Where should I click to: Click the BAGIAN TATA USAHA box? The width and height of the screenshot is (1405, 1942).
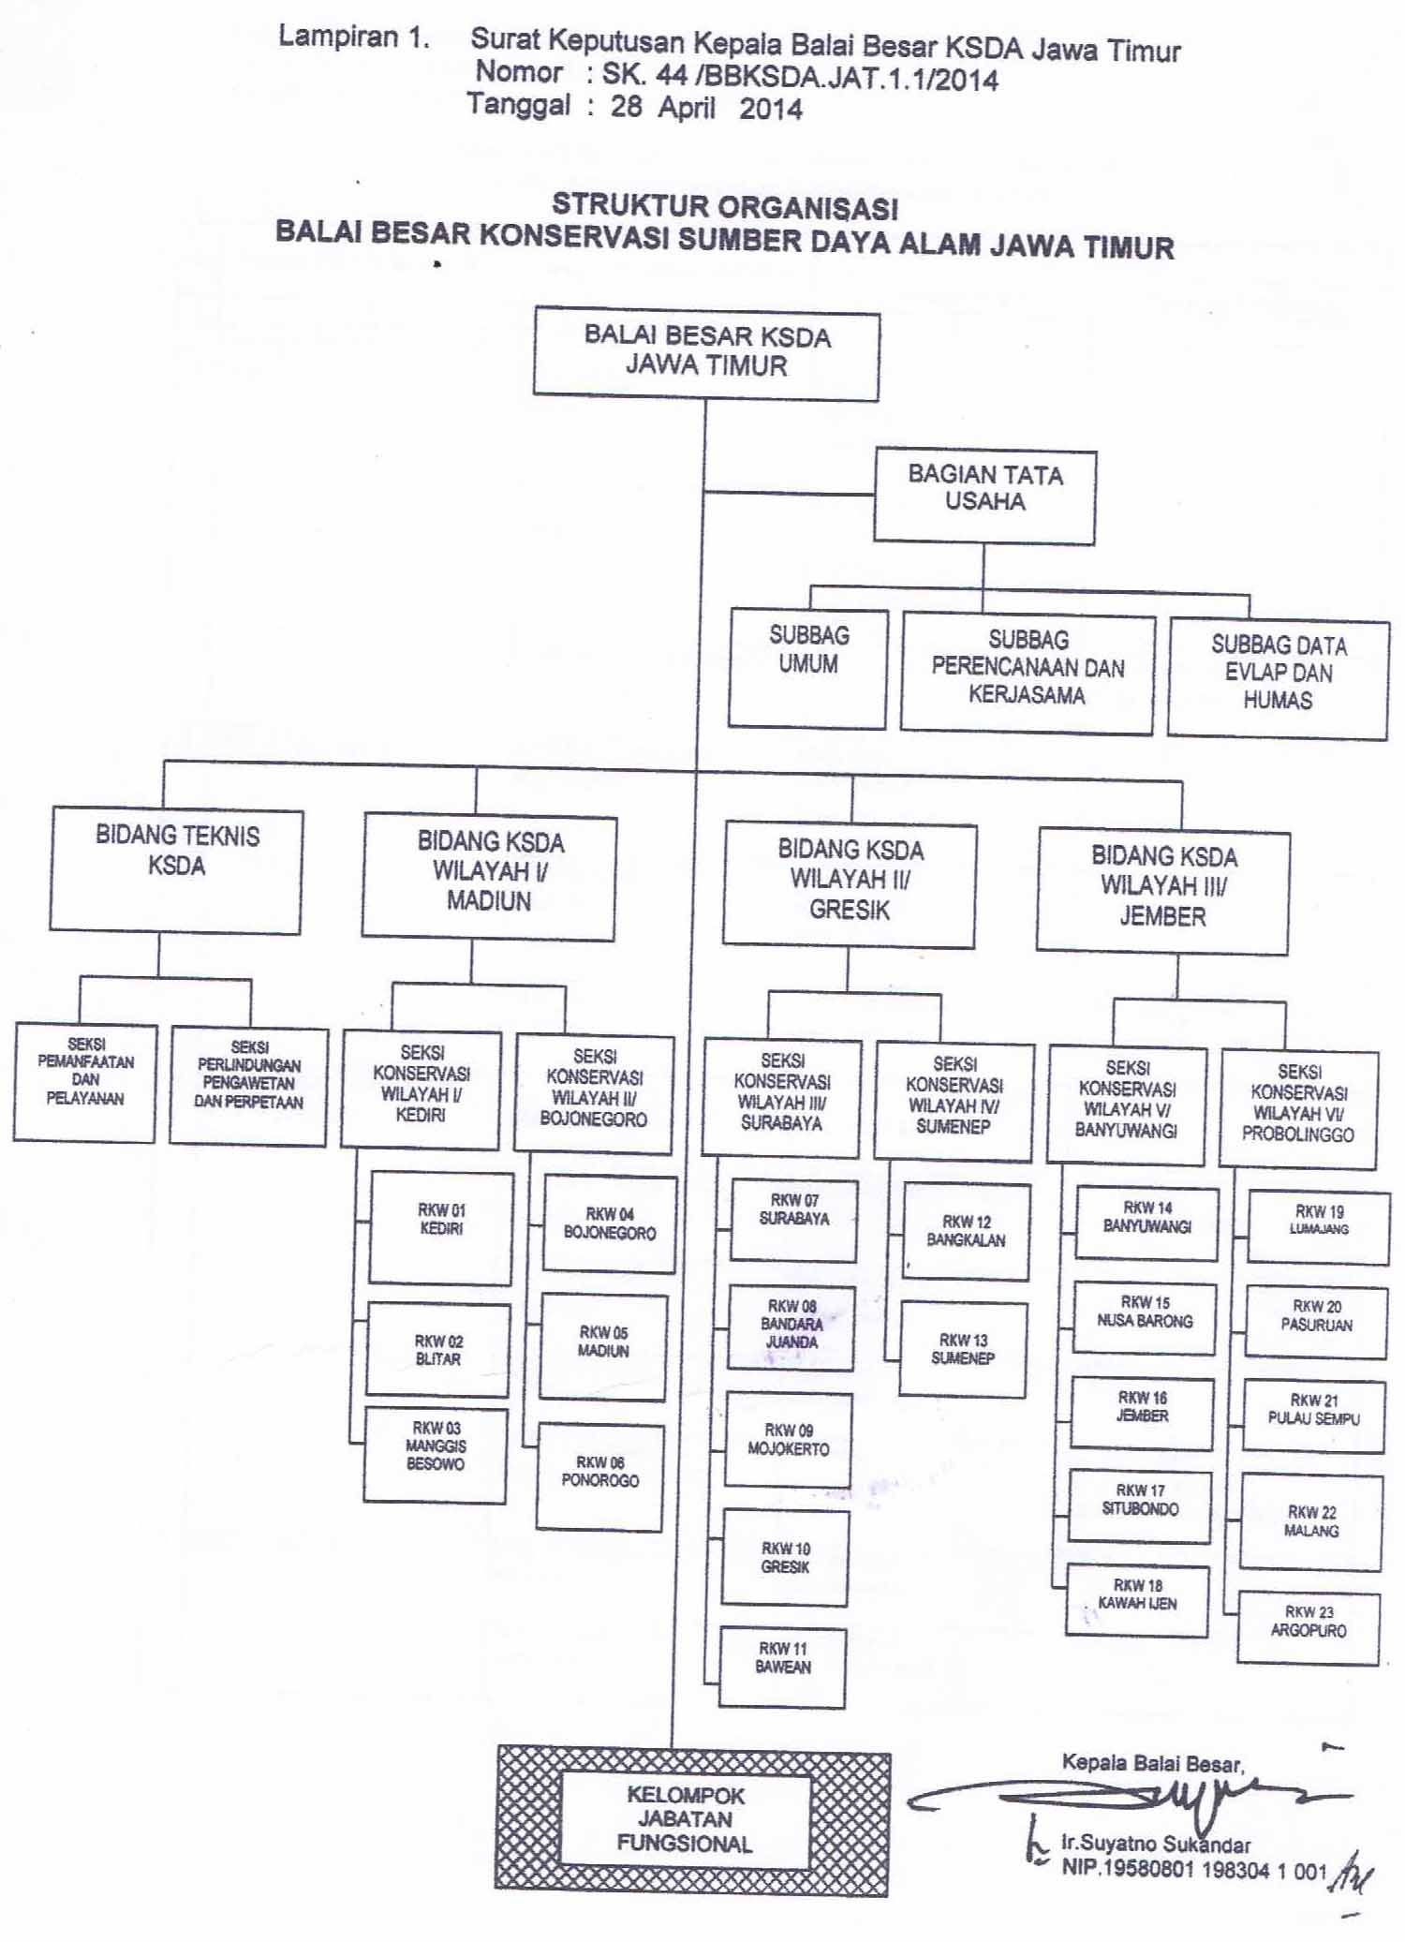point(984,497)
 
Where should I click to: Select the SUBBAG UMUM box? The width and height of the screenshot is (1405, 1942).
point(807,668)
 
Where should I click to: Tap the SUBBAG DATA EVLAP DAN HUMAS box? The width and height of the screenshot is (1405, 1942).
point(1278,680)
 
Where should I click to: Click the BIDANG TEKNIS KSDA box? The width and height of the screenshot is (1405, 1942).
point(176,871)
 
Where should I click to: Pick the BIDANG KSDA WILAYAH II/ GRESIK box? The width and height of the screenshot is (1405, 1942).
point(850,883)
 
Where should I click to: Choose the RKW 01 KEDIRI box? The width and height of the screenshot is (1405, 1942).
point(441,1227)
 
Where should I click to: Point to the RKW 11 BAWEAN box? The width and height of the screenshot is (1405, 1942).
point(783,1668)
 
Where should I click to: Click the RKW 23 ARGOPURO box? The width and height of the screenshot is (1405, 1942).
point(1309,1628)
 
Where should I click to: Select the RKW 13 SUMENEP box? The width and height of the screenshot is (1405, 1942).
point(963,1349)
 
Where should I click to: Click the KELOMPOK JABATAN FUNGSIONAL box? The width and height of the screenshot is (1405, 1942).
point(685,1819)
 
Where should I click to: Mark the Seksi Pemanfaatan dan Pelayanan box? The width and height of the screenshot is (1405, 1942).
point(85,1082)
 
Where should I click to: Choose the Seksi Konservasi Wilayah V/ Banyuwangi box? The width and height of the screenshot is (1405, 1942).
point(1127,1105)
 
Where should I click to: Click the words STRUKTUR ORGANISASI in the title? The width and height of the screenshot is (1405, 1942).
point(724,206)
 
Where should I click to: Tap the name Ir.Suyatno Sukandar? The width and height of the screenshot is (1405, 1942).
point(1156,1844)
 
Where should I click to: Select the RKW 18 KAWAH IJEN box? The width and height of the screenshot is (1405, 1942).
point(1137,1600)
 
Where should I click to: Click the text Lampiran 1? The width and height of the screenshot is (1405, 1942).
point(354,38)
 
